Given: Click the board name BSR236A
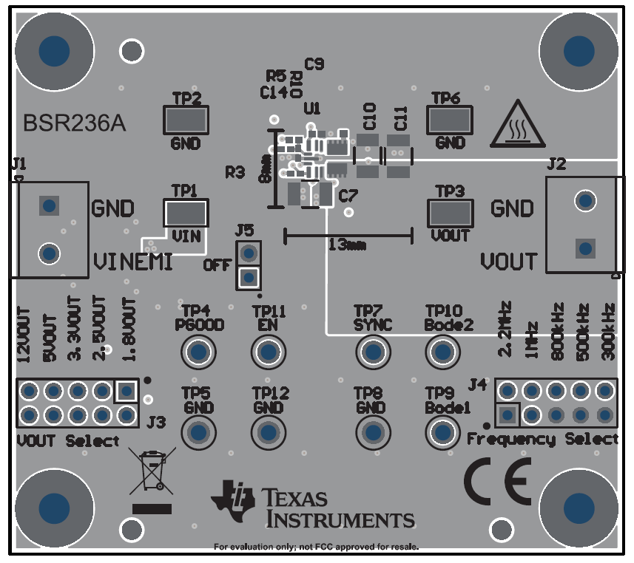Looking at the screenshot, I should click(74, 123).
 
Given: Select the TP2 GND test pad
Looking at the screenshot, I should click(185, 119).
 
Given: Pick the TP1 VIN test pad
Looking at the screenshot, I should click(185, 214).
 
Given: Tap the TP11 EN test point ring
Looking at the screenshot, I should click(269, 352).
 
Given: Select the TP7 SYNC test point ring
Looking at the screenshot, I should click(372, 352).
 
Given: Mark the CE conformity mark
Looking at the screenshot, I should click(497, 481).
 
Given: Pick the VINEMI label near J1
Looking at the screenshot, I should click(133, 262).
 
